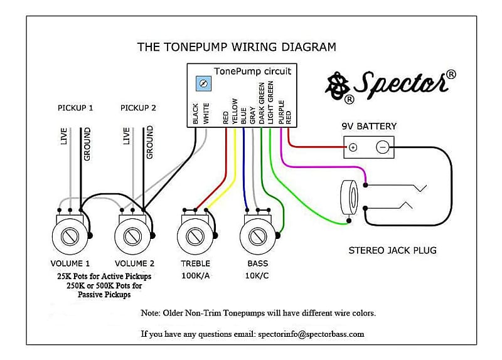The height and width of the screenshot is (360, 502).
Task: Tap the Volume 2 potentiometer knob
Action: pyautogui.click(x=132, y=236)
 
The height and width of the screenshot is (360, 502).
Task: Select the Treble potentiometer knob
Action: pyautogui.click(x=195, y=236)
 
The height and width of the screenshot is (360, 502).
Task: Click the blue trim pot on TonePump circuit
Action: pyautogui.click(x=203, y=83)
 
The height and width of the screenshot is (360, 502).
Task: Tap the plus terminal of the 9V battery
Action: pyautogui.click(x=353, y=148)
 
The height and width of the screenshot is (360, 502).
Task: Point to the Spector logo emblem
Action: pyautogui.click(x=337, y=86)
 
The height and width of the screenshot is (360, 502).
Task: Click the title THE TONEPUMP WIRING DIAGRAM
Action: pyautogui.click(x=237, y=47)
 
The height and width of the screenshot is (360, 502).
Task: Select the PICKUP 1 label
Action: pyautogui.click(x=75, y=108)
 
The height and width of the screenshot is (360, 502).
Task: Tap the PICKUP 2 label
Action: pyautogui.click(x=138, y=108)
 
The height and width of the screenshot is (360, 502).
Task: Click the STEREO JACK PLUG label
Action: pyautogui.click(x=392, y=251)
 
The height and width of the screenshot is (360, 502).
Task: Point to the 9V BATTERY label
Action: pyautogui.click(x=369, y=126)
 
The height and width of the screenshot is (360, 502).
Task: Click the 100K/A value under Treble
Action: pyautogui.click(x=195, y=276)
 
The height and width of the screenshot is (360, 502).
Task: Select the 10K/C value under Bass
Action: pyautogui.click(x=257, y=276)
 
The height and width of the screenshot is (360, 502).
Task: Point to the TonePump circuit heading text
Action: pyautogui.click(x=252, y=71)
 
